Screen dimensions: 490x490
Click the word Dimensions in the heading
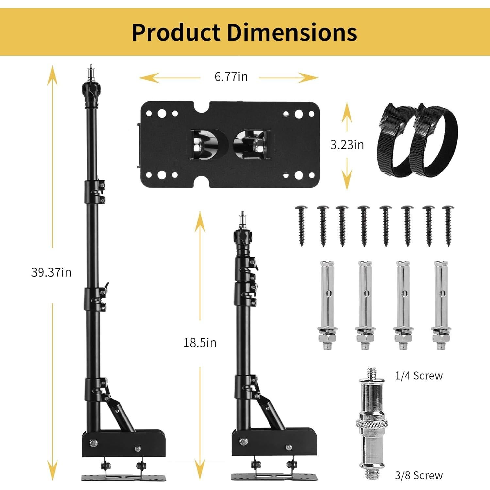[292, 32]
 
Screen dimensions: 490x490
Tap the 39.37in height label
[51, 272]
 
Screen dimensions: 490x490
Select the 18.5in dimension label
[200, 343]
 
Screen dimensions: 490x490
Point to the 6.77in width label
[231, 77]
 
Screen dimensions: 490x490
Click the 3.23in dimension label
[347, 145]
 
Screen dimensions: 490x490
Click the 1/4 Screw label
[419, 376]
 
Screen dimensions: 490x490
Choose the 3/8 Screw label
[419, 475]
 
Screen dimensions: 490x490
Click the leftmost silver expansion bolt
[326, 304]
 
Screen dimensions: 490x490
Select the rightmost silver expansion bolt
[441, 304]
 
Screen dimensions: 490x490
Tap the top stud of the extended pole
[90, 71]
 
